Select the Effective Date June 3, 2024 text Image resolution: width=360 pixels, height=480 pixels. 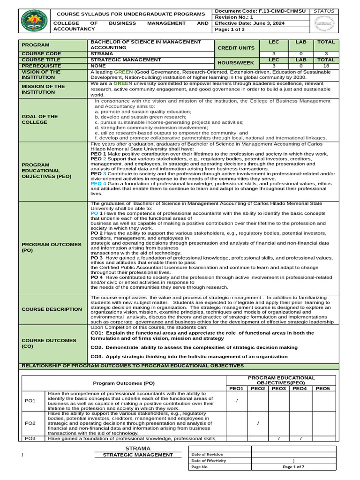coord(249,22)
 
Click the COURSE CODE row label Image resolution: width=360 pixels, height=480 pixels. coord(38,54)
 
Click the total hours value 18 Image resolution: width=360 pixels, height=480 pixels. coord(326,66)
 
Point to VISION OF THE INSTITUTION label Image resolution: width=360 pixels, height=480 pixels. coord(40,75)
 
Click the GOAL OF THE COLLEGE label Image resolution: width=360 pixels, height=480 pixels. coord(39,120)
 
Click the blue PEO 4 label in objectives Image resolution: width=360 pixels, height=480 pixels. coord(98,184)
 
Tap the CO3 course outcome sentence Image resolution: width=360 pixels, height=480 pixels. coord(189,356)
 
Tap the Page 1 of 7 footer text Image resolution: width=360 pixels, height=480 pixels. coord(293,467)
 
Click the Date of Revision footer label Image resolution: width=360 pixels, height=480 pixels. coord(208,454)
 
